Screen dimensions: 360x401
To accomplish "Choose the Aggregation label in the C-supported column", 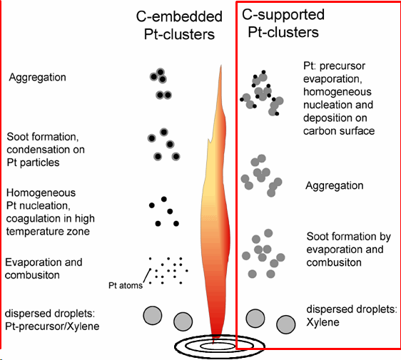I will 334,185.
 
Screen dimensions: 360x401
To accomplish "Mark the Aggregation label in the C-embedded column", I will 37,77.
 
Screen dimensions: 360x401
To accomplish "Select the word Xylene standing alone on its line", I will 323,322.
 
